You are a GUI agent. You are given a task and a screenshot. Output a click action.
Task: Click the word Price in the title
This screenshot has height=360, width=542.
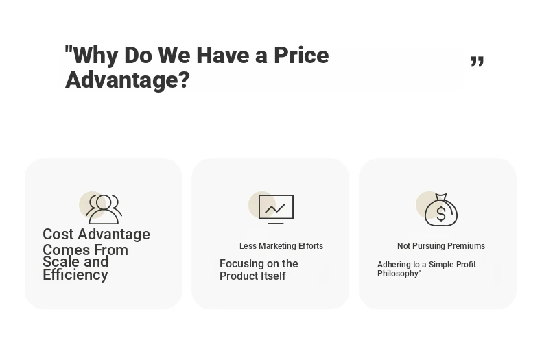click(301, 56)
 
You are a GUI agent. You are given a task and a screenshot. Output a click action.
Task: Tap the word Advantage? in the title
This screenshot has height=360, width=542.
click(128, 80)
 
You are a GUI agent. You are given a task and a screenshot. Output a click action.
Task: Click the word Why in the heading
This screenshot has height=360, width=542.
click(96, 56)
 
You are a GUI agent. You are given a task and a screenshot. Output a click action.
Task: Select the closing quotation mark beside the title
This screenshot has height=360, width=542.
click(478, 60)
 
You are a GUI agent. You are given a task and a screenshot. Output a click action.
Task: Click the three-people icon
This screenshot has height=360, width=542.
click(104, 209)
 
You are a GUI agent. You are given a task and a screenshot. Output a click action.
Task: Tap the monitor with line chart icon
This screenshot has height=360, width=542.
click(276, 209)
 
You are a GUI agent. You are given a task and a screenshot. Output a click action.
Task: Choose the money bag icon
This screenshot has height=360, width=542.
click(441, 209)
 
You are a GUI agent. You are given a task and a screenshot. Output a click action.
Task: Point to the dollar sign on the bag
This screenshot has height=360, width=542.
click(441, 213)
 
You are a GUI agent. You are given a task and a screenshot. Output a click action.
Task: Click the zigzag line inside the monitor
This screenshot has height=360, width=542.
click(275, 208)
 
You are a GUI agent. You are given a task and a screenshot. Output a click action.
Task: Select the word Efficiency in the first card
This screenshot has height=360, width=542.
click(75, 275)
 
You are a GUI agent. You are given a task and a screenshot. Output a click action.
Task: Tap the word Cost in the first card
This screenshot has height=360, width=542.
click(58, 235)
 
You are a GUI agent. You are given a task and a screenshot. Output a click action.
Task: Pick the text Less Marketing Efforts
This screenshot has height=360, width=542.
click(281, 246)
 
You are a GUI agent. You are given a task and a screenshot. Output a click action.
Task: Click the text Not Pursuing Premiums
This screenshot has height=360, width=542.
click(441, 246)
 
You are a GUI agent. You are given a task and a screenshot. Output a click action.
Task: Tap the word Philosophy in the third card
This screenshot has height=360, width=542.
click(398, 274)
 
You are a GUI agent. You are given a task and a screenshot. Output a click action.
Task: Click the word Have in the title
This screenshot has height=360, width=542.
click(222, 56)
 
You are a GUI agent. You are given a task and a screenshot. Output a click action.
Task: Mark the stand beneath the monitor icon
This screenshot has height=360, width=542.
click(276, 223)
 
